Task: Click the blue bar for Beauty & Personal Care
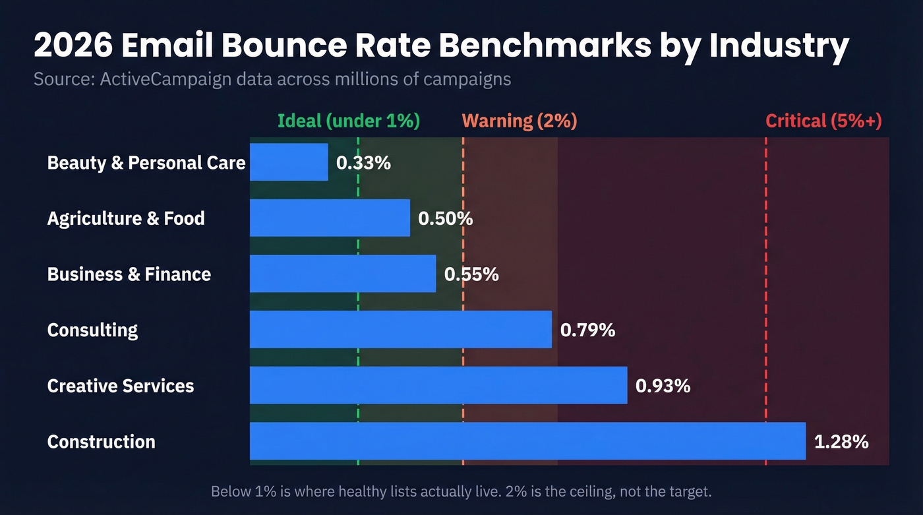click(x=289, y=162)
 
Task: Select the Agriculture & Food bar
click(x=330, y=218)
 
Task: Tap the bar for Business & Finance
click(x=343, y=274)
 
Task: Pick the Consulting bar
click(x=400, y=330)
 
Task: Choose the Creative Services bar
click(x=438, y=385)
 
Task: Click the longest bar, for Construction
click(x=527, y=441)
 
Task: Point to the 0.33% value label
click(x=363, y=163)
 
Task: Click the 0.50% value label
click(x=445, y=218)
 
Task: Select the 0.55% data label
click(x=471, y=274)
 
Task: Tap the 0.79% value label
click(x=587, y=330)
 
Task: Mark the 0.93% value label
click(x=663, y=386)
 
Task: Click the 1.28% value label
click(x=841, y=442)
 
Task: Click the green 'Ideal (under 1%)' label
click(x=348, y=121)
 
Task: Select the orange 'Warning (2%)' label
click(x=520, y=121)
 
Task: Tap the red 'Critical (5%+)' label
click(x=823, y=121)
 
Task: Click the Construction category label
click(x=102, y=442)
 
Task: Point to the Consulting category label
click(x=92, y=330)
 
